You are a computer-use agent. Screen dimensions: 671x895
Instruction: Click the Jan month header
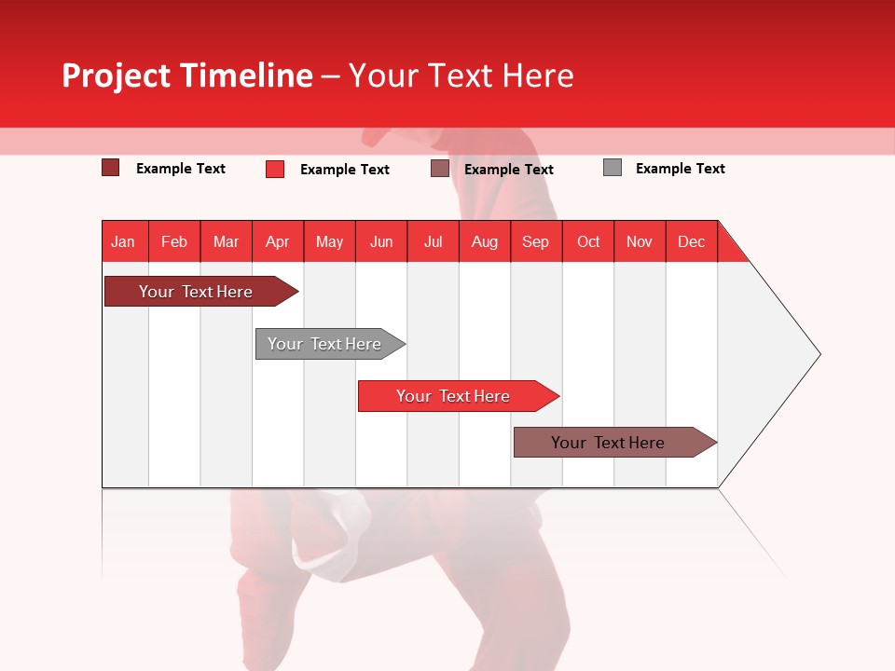click(123, 241)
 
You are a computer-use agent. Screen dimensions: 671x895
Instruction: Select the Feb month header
click(174, 241)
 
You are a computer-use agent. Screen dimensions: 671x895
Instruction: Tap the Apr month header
click(277, 241)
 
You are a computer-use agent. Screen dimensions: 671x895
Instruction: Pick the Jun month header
click(381, 241)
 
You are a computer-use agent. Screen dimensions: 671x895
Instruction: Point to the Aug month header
click(484, 241)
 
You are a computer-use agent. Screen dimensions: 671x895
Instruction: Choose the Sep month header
click(535, 241)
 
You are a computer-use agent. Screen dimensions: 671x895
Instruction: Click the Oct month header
click(588, 241)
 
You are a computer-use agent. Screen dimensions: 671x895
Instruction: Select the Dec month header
click(691, 241)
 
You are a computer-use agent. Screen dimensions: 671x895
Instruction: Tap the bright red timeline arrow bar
click(454, 396)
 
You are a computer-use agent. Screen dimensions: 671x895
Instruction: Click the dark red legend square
click(110, 168)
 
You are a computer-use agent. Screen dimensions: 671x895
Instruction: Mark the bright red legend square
click(275, 169)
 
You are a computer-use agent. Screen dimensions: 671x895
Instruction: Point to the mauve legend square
click(440, 169)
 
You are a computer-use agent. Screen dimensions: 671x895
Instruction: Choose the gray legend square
click(613, 168)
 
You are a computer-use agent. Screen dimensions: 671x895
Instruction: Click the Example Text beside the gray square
click(680, 169)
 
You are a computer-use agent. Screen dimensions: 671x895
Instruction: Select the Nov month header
click(640, 241)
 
